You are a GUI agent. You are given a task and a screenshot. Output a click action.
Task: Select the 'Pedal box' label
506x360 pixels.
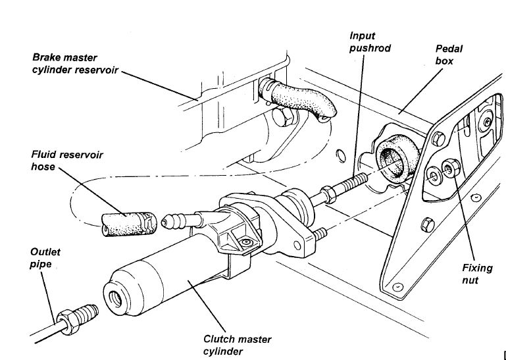[x=447, y=55]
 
